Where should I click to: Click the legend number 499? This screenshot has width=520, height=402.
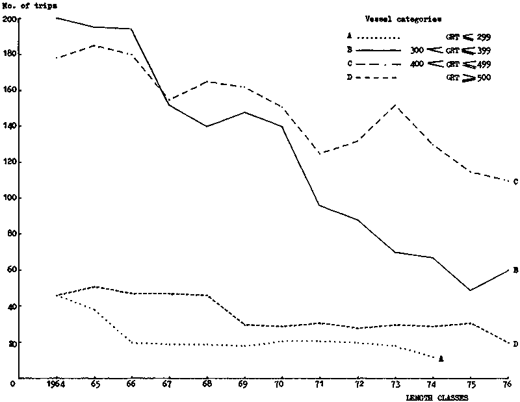click(x=482, y=64)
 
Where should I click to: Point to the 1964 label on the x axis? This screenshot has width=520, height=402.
click(x=57, y=384)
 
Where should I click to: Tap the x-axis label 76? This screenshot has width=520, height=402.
click(x=506, y=384)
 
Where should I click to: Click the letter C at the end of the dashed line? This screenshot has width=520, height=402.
click(x=515, y=181)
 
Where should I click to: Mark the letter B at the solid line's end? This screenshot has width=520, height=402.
click(x=515, y=269)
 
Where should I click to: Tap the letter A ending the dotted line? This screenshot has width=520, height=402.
click(x=441, y=358)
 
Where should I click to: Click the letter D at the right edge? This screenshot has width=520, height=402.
click(x=515, y=344)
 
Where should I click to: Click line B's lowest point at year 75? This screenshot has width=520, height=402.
click(x=469, y=290)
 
